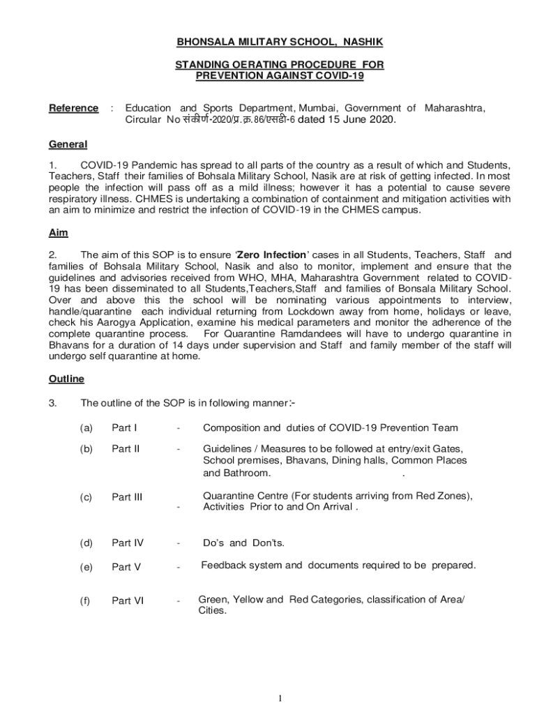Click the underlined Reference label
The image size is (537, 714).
pyautogui.click(x=73, y=108)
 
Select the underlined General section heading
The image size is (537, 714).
pyautogui.click(x=68, y=144)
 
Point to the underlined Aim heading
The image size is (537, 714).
pyautogui.click(x=58, y=233)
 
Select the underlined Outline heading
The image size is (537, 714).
pyautogui.click(x=66, y=379)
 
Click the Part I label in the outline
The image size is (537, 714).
pyautogui.click(x=124, y=427)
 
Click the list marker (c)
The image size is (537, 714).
pyautogui.click(x=86, y=497)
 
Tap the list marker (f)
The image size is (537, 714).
pyautogui.click(x=86, y=600)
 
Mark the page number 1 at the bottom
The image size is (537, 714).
pyautogui.click(x=279, y=698)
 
